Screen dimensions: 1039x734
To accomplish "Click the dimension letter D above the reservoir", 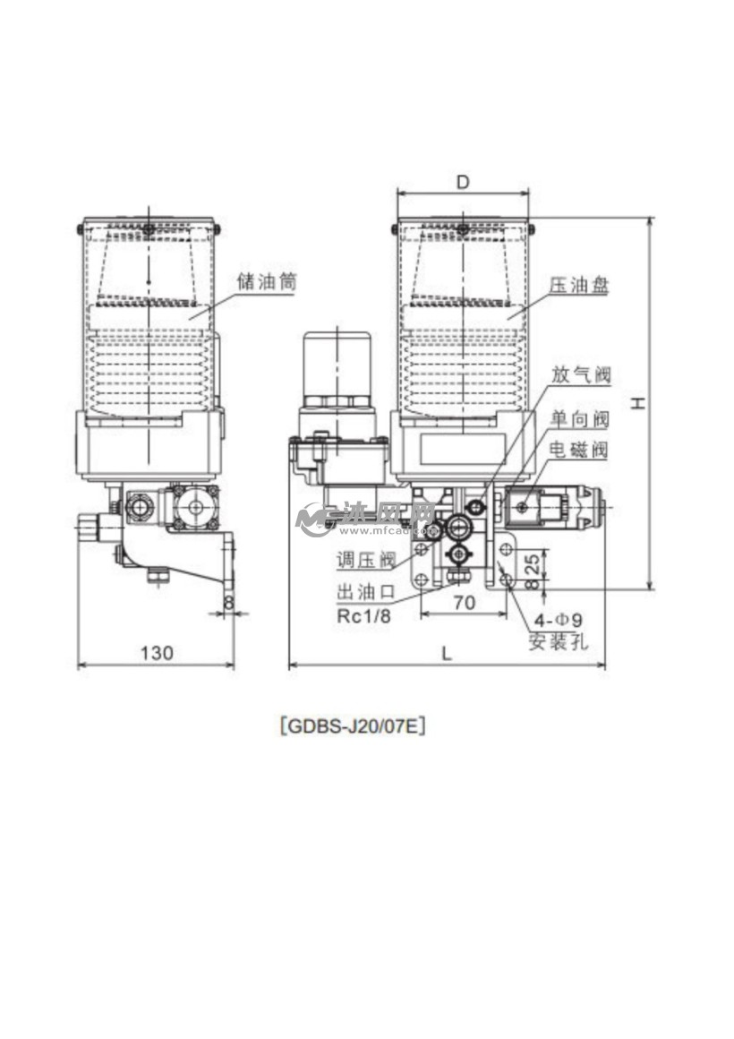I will pyautogui.click(x=463, y=182).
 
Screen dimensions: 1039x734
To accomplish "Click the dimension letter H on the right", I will pyautogui.click(x=636, y=404).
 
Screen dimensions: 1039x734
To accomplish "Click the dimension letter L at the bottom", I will pyautogui.click(x=447, y=654).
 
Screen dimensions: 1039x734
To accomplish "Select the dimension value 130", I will pyautogui.click(x=157, y=653).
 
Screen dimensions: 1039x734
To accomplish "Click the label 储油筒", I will pyautogui.click(x=266, y=281).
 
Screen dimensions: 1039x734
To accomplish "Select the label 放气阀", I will pyautogui.click(x=579, y=374).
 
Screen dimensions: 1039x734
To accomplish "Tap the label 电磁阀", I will pyautogui.click(x=579, y=450).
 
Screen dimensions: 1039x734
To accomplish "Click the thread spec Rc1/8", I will pyautogui.click(x=364, y=615).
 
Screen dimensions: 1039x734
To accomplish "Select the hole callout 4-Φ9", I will pyautogui.click(x=559, y=620).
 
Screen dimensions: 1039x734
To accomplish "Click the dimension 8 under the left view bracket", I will pyautogui.click(x=228, y=602).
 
